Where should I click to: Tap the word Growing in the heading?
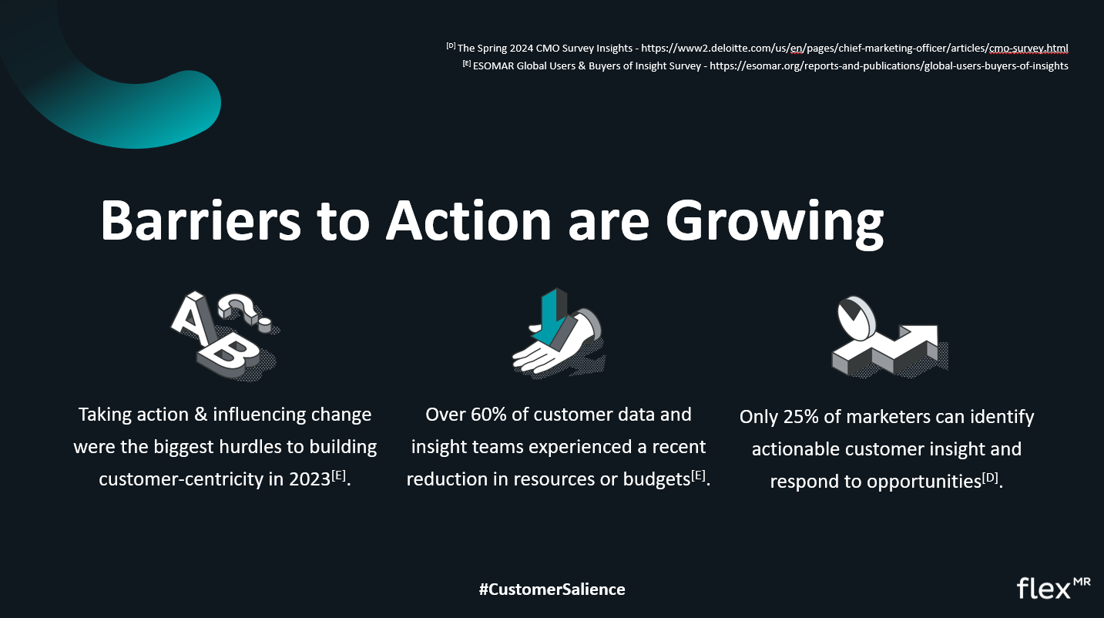click(774, 224)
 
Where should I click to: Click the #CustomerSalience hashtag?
click(552, 589)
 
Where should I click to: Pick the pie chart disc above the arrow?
click(857, 318)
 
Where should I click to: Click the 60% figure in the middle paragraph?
click(488, 415)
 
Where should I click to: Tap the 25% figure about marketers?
click(801, 417)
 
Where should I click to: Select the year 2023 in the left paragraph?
click(310, 479)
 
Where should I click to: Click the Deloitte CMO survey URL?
click(854, 49)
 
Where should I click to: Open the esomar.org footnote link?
click(889, 66)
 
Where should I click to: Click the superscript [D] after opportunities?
click(990, 477)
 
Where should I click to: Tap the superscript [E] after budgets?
click(699, 475)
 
